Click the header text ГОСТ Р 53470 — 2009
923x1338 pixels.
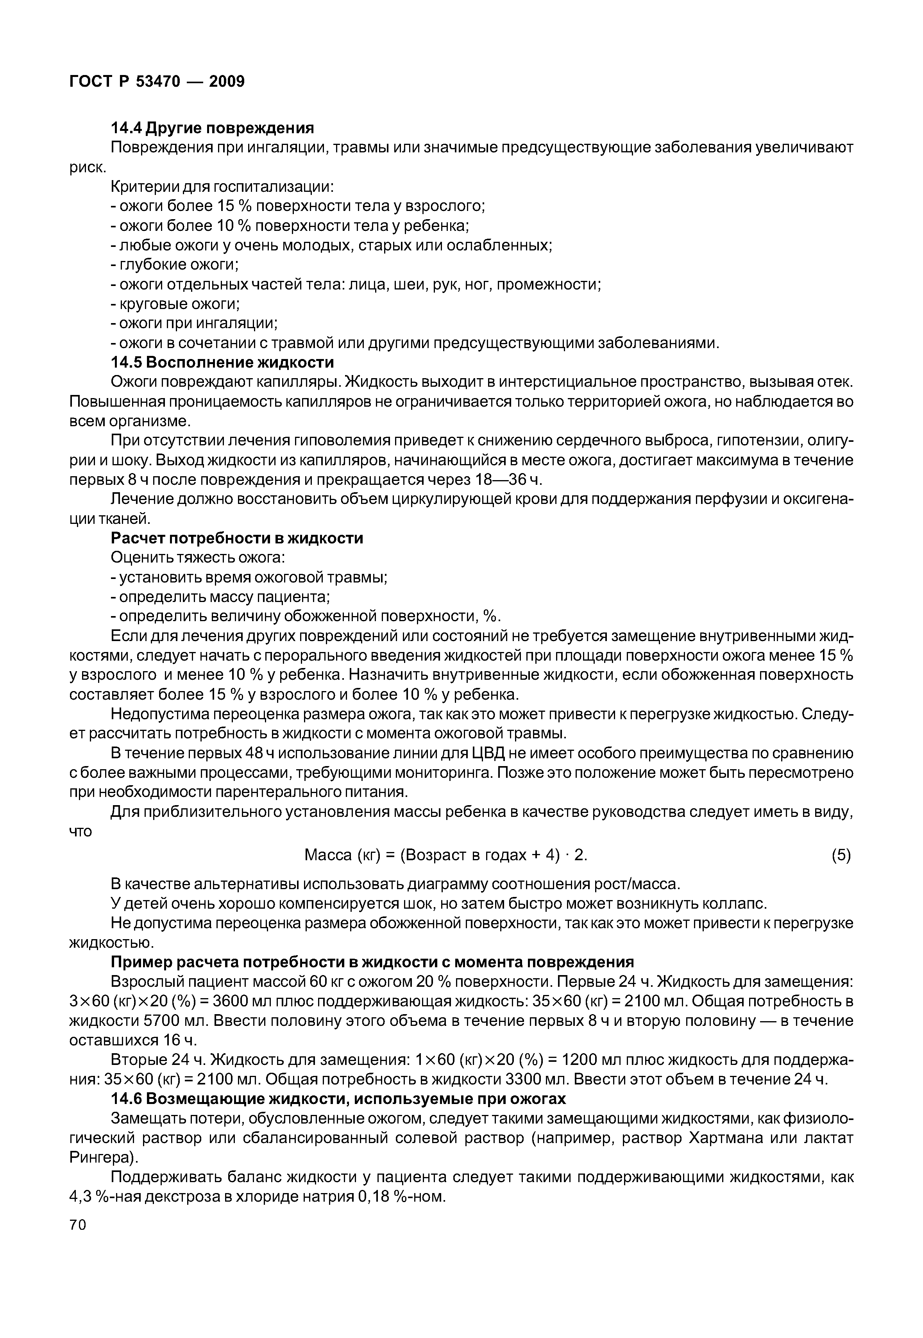click(x=157, y=82)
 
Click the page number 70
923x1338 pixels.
click(x=77, y=1225)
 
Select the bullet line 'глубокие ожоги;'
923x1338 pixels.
click(x=175, y=265)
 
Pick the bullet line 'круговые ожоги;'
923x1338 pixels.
click(x=175, y=304)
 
